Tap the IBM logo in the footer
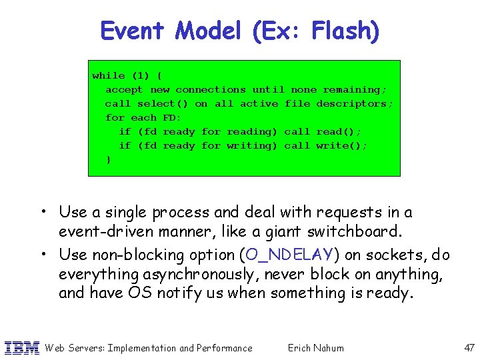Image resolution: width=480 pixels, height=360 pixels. click(x=21, y=347)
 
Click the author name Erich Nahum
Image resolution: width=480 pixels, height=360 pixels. click(x=315, y=347)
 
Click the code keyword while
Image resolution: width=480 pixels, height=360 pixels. click(x=109, y=75)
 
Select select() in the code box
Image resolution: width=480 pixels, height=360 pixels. click(x=163, y=103)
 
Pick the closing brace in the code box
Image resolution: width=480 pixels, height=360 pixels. click(x=109, y=159)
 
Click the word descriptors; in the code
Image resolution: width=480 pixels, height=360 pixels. click(x=355, y=103)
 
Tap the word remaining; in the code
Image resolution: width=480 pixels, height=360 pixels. click(x=355, y=89)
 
